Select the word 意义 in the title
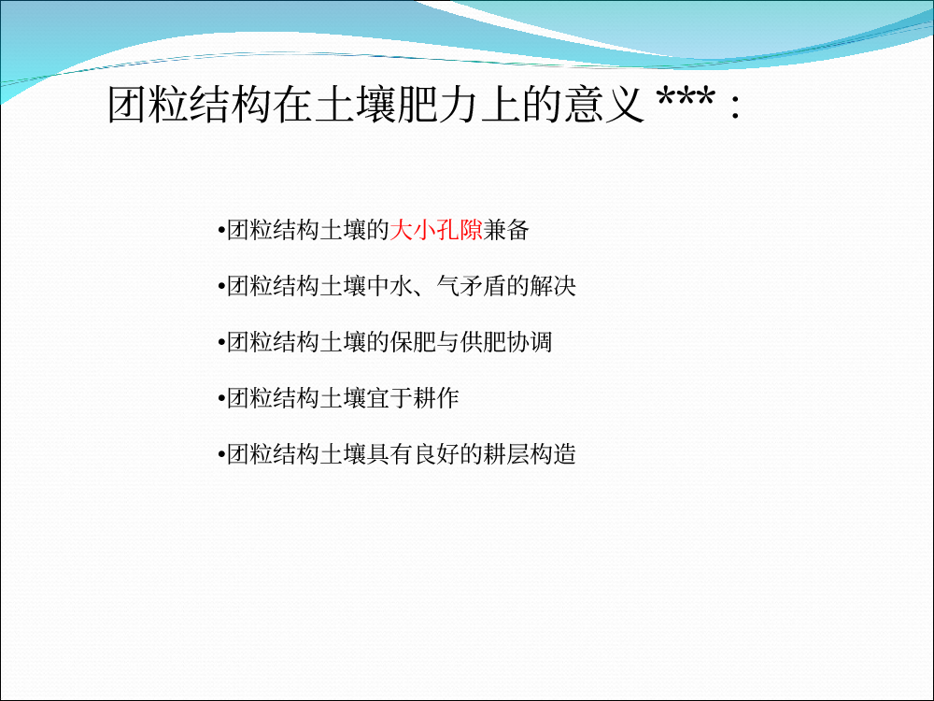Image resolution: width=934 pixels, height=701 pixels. [604, 105]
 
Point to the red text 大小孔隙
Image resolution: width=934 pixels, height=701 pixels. [436, 230]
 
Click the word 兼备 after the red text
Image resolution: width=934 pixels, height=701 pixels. [505, 230]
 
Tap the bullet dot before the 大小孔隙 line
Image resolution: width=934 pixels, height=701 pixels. [221, 231]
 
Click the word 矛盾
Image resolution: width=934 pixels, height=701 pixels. [483, 286]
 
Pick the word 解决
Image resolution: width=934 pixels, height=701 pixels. [552, 286]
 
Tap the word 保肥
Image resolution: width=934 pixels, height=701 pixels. [413, 342]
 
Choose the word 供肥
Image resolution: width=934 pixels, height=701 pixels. [483, 342]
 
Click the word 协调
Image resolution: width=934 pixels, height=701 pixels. [529, 342]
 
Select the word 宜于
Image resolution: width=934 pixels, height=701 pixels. [389, 398]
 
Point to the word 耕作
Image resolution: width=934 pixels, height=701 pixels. [436, 398]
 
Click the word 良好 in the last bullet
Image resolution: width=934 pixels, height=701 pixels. [436, 454]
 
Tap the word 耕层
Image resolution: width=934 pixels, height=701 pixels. [505, 454]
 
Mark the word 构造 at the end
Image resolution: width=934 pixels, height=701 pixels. [552, 454]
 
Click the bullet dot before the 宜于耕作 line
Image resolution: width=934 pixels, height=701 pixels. [221, 399]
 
